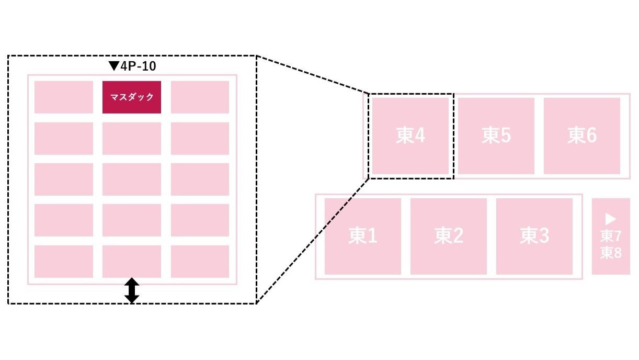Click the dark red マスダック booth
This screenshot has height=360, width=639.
click(x=131, y=97)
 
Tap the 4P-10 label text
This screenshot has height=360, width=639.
click(x=138, y=66)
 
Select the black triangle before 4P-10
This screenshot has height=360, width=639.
click(x=114, y=66)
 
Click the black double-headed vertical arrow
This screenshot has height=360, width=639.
click(x=132, y=290)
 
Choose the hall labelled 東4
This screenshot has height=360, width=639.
click(x=410, y=136)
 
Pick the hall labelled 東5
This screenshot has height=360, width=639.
click(x=496, y=136)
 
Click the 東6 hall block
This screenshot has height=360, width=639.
click(x=582, y=136)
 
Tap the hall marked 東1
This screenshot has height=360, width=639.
click(x=363, y=236)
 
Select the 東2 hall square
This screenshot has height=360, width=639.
click(x=449, y=236)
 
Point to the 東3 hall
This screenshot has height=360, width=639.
click(x=534, y=236)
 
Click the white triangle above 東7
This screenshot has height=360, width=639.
click(x=611, y=219)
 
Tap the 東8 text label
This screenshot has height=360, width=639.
click(x=611, y=253)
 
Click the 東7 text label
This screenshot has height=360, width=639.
click(x=611, y=236)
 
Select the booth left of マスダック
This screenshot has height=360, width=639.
click(x=64, y=97)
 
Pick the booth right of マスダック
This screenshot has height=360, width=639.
click(x=200, y=97)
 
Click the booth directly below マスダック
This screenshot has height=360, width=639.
click(x=131, y=138)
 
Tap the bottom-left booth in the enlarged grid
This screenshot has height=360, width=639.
click(x=64, y=261)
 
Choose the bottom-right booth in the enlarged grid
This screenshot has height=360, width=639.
click(x=200, y=261)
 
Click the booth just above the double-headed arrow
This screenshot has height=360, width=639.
click(x=131, y=261)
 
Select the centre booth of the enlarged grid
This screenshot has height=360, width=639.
click(x=131, y=179)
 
